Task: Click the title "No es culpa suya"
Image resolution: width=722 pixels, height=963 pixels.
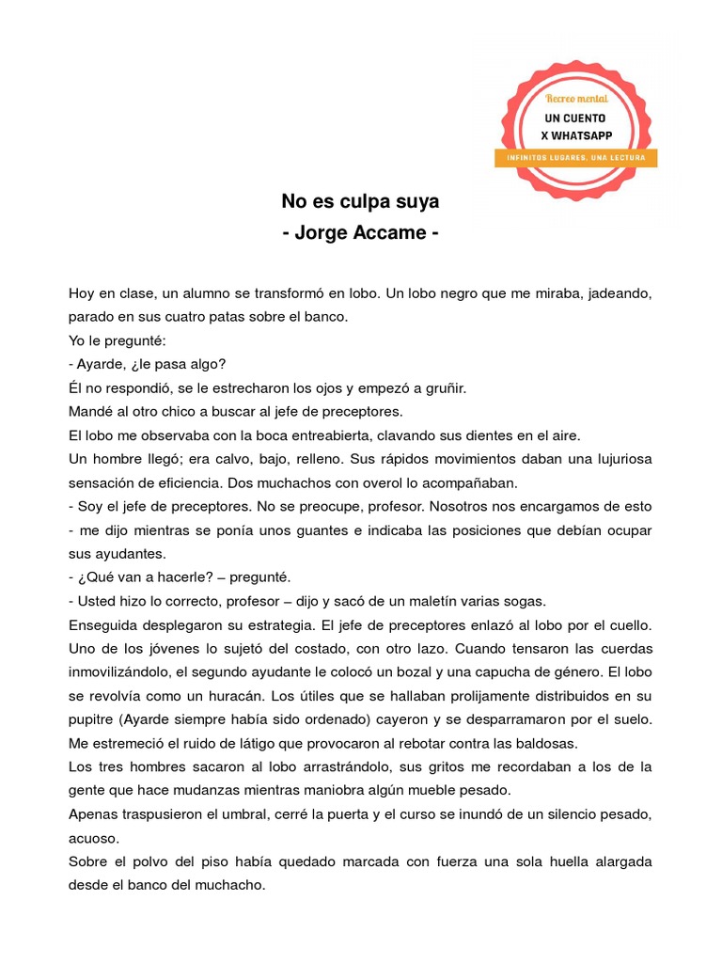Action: (361, 201)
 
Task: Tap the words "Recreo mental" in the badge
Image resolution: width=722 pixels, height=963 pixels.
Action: (576, 98)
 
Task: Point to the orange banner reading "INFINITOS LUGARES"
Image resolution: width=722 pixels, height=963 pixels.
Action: (575, 158)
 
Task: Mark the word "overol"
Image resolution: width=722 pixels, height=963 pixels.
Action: (385, 482)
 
